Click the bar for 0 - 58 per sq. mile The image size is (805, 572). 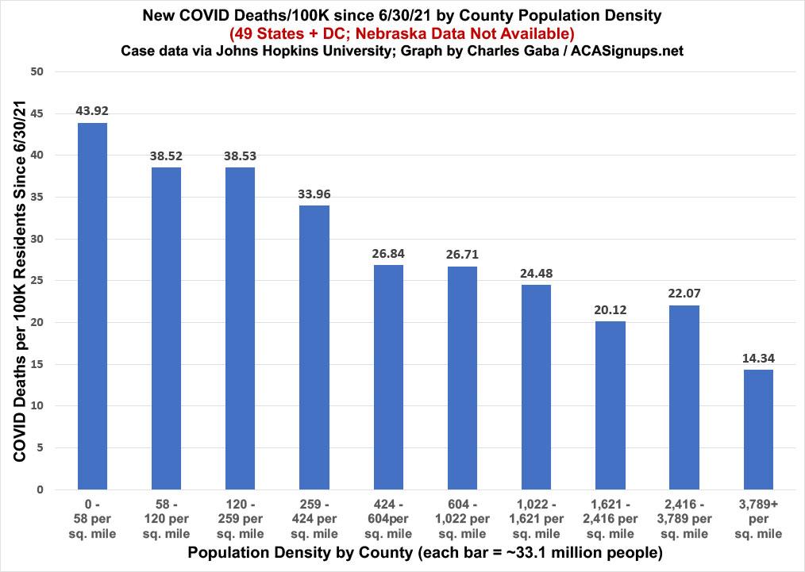click(x=92, y=306)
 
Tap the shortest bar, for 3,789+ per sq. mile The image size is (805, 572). click(x=758, y=429)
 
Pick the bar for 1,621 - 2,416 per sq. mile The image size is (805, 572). click(x=610, y=405)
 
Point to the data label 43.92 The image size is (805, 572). click(x=92, y=110)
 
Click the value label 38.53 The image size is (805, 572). click(x=241, y=155)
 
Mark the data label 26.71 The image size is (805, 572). click(x=462, y=255)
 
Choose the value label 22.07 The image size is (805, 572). click(x=684, y=294)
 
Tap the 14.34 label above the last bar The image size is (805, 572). click(x=758, y=358)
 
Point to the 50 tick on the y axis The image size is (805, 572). click(x=37, y=72)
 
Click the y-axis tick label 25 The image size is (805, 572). click(x=37, y=281)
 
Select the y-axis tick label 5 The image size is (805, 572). click(x=40, y=448)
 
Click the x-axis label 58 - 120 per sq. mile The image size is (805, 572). click(x=166, y=520)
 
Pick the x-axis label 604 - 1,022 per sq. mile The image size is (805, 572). click(x=462, y=520)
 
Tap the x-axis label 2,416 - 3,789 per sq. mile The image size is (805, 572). click(x=684, y=520)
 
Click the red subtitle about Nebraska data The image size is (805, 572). click(x=402, y=33)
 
